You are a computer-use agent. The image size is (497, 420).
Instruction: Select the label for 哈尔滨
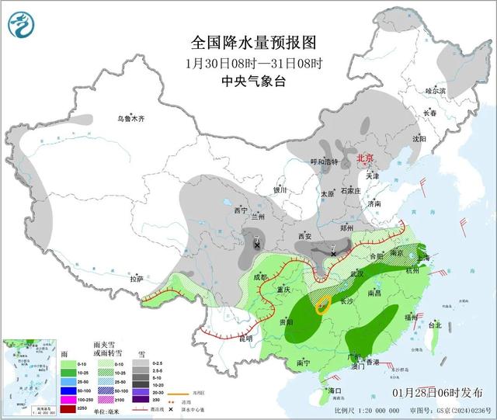pos(436,91)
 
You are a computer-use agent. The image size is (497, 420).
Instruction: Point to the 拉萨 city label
pos(137,278)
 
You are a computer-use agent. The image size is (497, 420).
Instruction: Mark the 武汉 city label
pos(357,273)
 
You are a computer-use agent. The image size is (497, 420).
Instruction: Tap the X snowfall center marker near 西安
pos(332,254)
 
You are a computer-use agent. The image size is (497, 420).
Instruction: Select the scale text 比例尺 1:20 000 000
pos(364,410)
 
